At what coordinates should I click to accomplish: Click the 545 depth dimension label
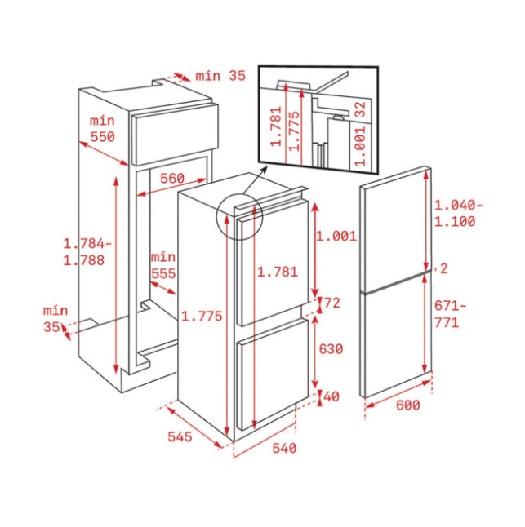[x=180, y=436]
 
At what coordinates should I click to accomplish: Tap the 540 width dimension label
[x=284, y=448]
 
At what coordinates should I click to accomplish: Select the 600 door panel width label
[x=408, y=405]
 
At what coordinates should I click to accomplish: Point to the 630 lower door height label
[x=331, y=349]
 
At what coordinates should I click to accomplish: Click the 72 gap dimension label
[x=332, y=303]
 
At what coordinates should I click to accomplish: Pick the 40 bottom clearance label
[x=331, y=396]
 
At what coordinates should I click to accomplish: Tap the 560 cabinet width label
[x=172, y=178]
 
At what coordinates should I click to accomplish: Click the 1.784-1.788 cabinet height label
[x=87, y=252]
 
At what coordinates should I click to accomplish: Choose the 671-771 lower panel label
[x=451, y=314]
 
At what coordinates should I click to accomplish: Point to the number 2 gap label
[x=444, y=269]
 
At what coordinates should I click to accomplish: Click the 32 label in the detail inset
[x=360, y=109]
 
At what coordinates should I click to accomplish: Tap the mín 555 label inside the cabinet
[x=163, y=265]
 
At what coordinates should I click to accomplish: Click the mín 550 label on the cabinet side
[x=103, y=129]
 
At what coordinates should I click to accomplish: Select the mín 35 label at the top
[x=220, y=76]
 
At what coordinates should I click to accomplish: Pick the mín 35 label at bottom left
[x=56, y=319]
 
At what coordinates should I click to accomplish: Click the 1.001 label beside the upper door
[x=336, y=237]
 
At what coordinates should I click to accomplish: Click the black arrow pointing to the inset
[x=256, y=180]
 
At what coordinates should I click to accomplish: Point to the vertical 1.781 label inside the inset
[x=276, y=126]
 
